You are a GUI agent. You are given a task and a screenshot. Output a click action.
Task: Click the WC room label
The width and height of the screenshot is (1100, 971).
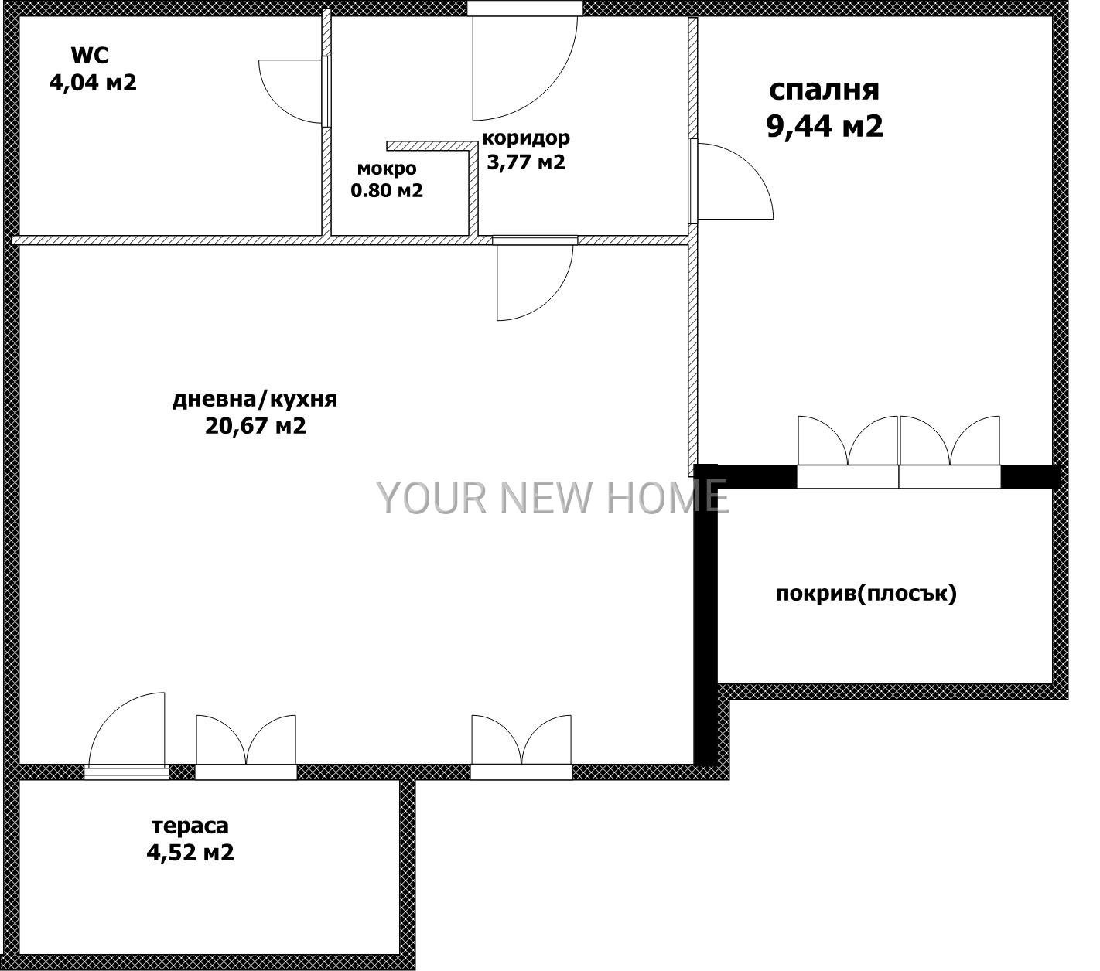click(x=91, y=56)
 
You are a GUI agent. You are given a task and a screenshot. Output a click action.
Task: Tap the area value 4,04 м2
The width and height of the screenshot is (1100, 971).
click(x=93, y=83)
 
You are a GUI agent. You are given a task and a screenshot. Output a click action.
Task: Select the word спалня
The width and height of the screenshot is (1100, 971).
click(x=824, y=90)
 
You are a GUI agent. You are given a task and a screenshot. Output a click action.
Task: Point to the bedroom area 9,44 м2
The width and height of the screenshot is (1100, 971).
click(x=824, y=126)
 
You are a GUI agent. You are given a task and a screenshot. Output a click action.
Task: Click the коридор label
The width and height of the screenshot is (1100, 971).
click(x=526, y=138)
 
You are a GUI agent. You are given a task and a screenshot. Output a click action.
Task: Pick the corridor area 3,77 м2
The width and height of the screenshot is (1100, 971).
click(x=525, y=162)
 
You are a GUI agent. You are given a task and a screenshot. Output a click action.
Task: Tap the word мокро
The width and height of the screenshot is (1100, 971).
click(x=387, y=169)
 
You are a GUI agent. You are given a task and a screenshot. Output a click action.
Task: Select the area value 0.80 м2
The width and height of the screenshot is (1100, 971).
click(x=387, y=190)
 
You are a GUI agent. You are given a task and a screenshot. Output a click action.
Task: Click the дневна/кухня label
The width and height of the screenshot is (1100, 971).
click(x=255, y=400)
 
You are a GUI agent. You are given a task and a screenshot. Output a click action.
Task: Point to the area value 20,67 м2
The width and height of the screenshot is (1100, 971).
click(x=255, y=426)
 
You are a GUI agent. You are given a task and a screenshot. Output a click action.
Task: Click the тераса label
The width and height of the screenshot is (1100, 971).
click(x=190, y=826)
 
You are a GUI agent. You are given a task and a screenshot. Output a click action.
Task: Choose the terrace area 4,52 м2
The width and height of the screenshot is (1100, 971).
click(x=190, y=852)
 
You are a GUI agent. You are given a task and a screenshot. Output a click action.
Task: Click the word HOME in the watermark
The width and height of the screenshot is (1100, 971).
click(x=667, y=497)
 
